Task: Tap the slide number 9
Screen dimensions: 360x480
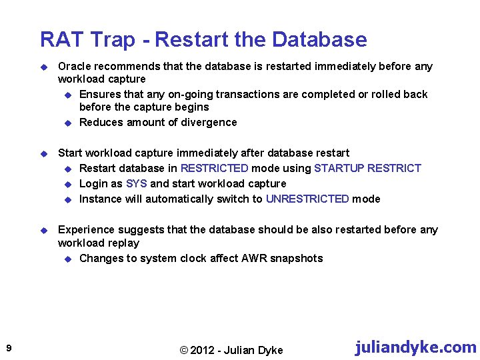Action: click(x=7, y=348)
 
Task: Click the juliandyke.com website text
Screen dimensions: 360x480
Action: click(x=415, y=347)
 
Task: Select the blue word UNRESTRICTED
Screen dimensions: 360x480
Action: click(x=307, y=199)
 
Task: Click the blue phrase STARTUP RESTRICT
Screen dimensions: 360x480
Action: click(x=368, y=168)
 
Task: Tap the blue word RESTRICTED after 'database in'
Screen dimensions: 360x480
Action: click(x=214, y=168)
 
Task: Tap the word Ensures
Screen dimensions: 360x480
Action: click(x=100, y=94)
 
